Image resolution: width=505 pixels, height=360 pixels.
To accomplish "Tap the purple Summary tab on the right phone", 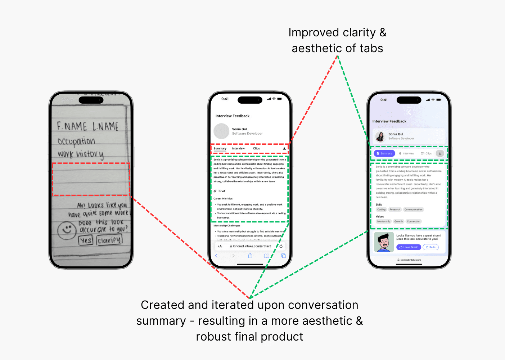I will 384,153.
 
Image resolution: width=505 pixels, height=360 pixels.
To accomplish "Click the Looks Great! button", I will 409,247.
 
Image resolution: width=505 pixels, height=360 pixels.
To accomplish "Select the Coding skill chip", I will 381,210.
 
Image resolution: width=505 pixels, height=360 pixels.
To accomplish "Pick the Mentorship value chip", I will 383,221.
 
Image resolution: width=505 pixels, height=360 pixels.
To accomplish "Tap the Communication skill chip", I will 413,210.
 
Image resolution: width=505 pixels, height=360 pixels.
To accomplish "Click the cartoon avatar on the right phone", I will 384,242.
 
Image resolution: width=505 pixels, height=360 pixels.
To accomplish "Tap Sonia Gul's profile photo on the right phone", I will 380,136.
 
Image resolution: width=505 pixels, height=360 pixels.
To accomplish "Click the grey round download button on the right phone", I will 439,153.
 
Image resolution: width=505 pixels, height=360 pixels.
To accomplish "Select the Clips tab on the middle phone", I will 256,148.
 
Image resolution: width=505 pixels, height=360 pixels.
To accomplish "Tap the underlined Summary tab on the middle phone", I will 220,148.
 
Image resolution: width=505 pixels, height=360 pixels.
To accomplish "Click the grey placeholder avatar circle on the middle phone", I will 221,131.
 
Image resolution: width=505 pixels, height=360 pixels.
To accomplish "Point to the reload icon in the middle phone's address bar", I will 281,246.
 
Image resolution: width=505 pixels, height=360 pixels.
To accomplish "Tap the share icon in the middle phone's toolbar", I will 250,256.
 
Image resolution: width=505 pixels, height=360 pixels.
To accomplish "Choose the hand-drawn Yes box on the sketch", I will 86,240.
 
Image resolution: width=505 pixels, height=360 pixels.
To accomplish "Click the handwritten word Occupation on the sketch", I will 76,141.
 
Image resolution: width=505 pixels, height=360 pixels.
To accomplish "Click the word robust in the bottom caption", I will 214,337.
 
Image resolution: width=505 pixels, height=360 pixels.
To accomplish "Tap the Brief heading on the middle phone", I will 221,191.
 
